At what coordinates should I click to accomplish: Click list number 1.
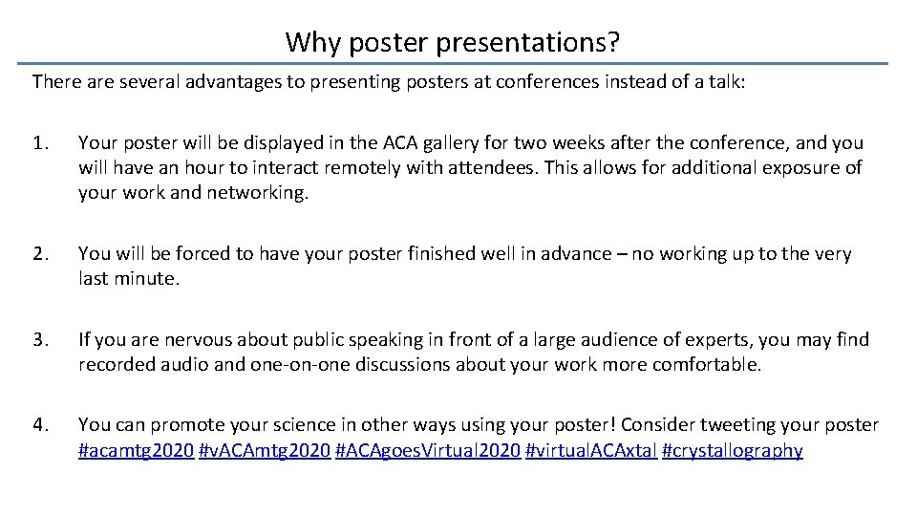pos(39,143)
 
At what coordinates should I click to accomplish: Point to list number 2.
pos(39,254)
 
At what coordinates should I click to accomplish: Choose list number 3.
pos(39,340)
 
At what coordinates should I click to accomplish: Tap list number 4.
pos(39,425)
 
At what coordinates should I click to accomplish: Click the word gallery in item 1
pos(439,143)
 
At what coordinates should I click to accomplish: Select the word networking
pos(261,193)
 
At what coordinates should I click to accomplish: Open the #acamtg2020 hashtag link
pos(135,451)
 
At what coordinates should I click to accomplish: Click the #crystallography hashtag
pos(732,451)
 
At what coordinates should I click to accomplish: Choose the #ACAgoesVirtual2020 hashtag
pos(428,451)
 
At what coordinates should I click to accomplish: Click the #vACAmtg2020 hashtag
pos(264,451)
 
